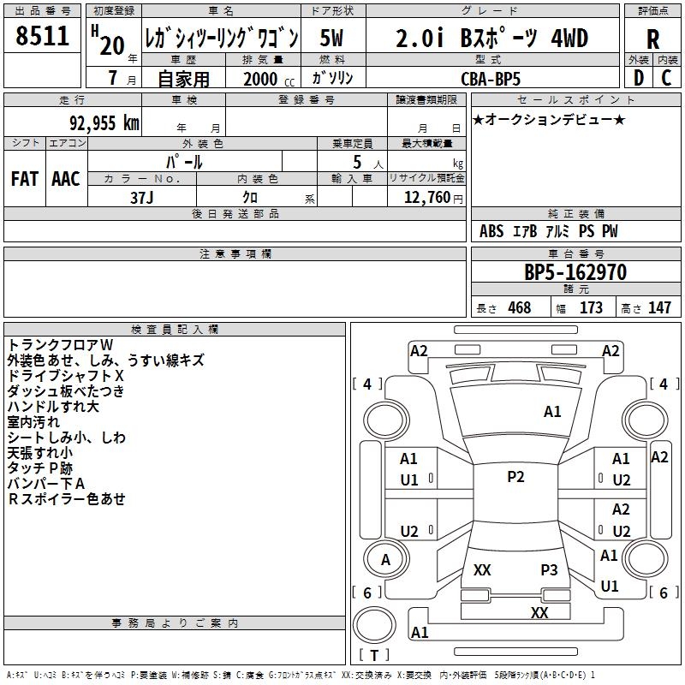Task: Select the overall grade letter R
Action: click(x=652, y=39)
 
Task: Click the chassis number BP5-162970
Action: click(x=575, y=273)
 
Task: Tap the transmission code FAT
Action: click(x=24, y=179)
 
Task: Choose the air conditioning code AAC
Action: click(x=65, y=179)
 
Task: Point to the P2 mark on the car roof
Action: click(x=515, y=477)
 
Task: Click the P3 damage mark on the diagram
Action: click(x=549, y=569)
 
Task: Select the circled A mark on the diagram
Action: click(x=385, y=559)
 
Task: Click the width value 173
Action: click(x=591, y=308)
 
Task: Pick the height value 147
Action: click(x=658, y=308)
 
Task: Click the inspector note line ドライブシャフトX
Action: click(x=66, y=375)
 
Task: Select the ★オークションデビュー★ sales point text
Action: click(x=549, y=119)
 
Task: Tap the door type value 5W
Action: click(x=331, y=39)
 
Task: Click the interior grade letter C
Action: click(x=666, y=78)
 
